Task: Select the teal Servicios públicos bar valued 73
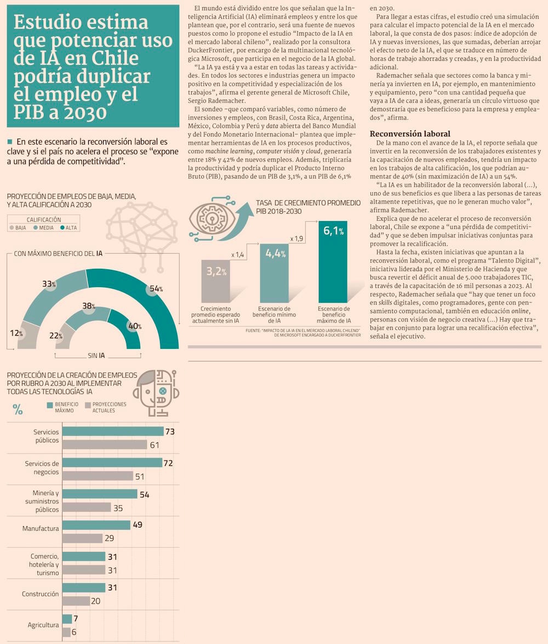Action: (x=113, y=432)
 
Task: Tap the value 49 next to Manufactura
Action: (x=138, y=525)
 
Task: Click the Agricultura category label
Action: (x=43, y=625)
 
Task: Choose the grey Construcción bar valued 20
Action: (x=76, y=601)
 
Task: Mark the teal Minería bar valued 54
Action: (x=99, y=495)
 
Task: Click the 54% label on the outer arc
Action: (x=156, y=289)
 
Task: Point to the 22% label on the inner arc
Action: (x=56, y=335)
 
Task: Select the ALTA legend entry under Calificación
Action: (x=68, y=227)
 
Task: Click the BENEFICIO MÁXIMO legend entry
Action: (x=64, y=407)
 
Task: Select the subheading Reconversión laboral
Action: (x=410, y=134)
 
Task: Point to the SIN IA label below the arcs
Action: (x=96, y=355)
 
